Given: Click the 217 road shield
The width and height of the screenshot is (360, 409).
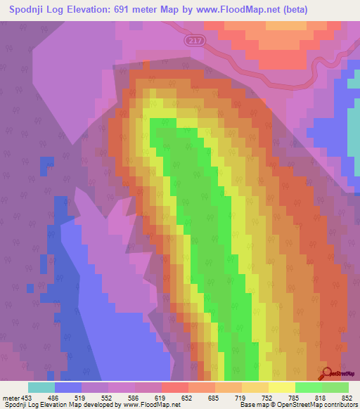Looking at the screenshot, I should [197, 41].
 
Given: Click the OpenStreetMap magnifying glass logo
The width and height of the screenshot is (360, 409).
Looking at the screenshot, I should [328, 372].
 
